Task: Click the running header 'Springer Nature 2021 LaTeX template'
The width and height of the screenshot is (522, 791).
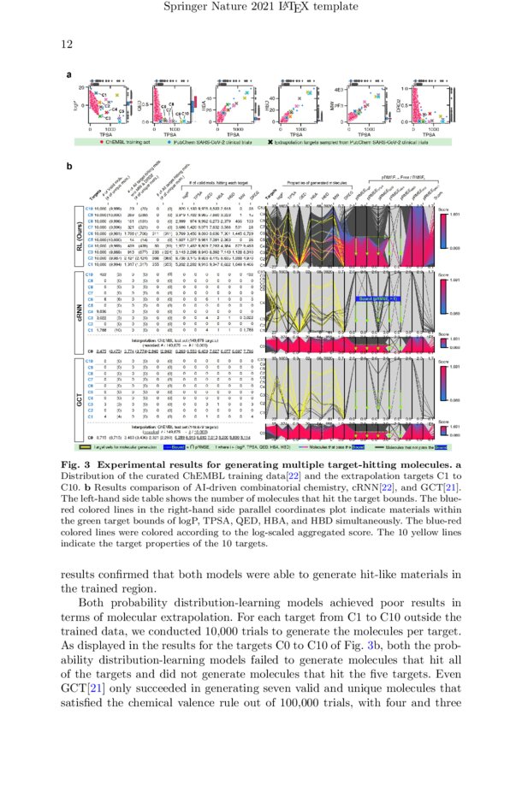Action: [x=260, y=9]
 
